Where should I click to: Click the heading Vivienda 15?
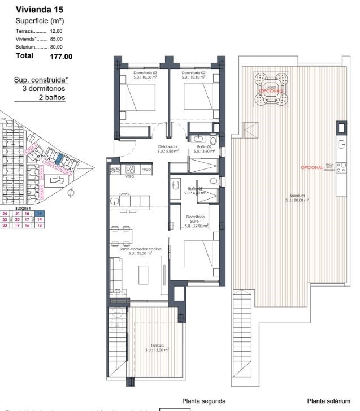pos(40,10)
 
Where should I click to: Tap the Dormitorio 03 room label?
pos(145,75)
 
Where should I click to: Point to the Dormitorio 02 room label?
pos(193,75)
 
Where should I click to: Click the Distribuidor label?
pos(168,149)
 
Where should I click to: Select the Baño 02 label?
pos(204,149)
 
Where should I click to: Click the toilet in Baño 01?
pos(213,181)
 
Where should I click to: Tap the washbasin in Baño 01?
pos(176,185)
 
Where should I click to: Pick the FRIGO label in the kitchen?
pos(146,169)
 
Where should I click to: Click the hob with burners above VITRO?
pos(130,168)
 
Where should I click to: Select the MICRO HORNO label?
pos(115,170)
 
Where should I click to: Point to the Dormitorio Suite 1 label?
pos(196,221)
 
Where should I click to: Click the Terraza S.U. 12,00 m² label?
pos(157,347)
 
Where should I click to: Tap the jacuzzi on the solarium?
pos(271,90)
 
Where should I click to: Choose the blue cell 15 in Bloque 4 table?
pos(40,213)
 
